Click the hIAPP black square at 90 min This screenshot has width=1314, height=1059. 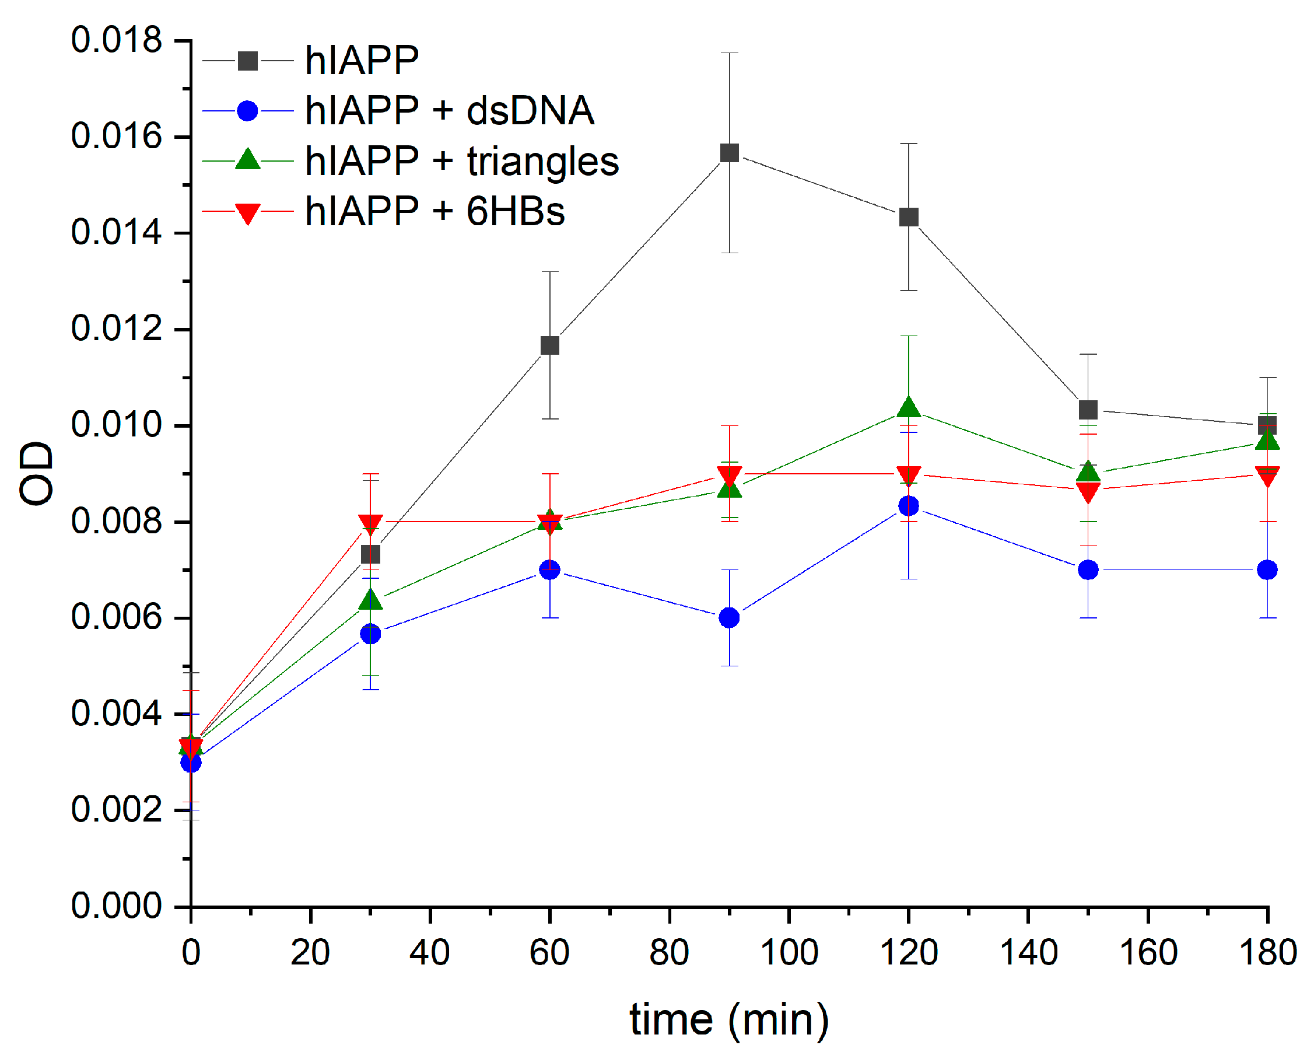pos(729,152)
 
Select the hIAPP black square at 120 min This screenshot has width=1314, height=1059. pos(909,217)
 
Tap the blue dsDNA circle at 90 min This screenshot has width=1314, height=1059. pos(729,618)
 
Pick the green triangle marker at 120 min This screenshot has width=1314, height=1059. pos(909,407)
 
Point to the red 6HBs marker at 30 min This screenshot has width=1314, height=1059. pos(370,523)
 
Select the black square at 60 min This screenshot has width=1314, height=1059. pos(550,346)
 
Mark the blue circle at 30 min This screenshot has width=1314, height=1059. pos(370,634)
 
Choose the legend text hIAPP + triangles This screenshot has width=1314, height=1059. pos(461,162)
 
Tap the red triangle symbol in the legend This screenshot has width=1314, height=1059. pos(247,213)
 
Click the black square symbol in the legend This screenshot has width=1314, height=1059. pos(247,61)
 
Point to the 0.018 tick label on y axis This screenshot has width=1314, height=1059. pos(117,40)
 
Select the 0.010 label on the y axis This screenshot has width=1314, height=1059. pos(117,425)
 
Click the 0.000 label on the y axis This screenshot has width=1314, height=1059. pos(117,906)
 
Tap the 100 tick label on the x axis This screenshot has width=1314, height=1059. pos(789,952)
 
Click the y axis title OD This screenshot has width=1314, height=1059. pos(37,474)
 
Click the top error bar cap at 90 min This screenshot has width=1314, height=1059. pos(729,53)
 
